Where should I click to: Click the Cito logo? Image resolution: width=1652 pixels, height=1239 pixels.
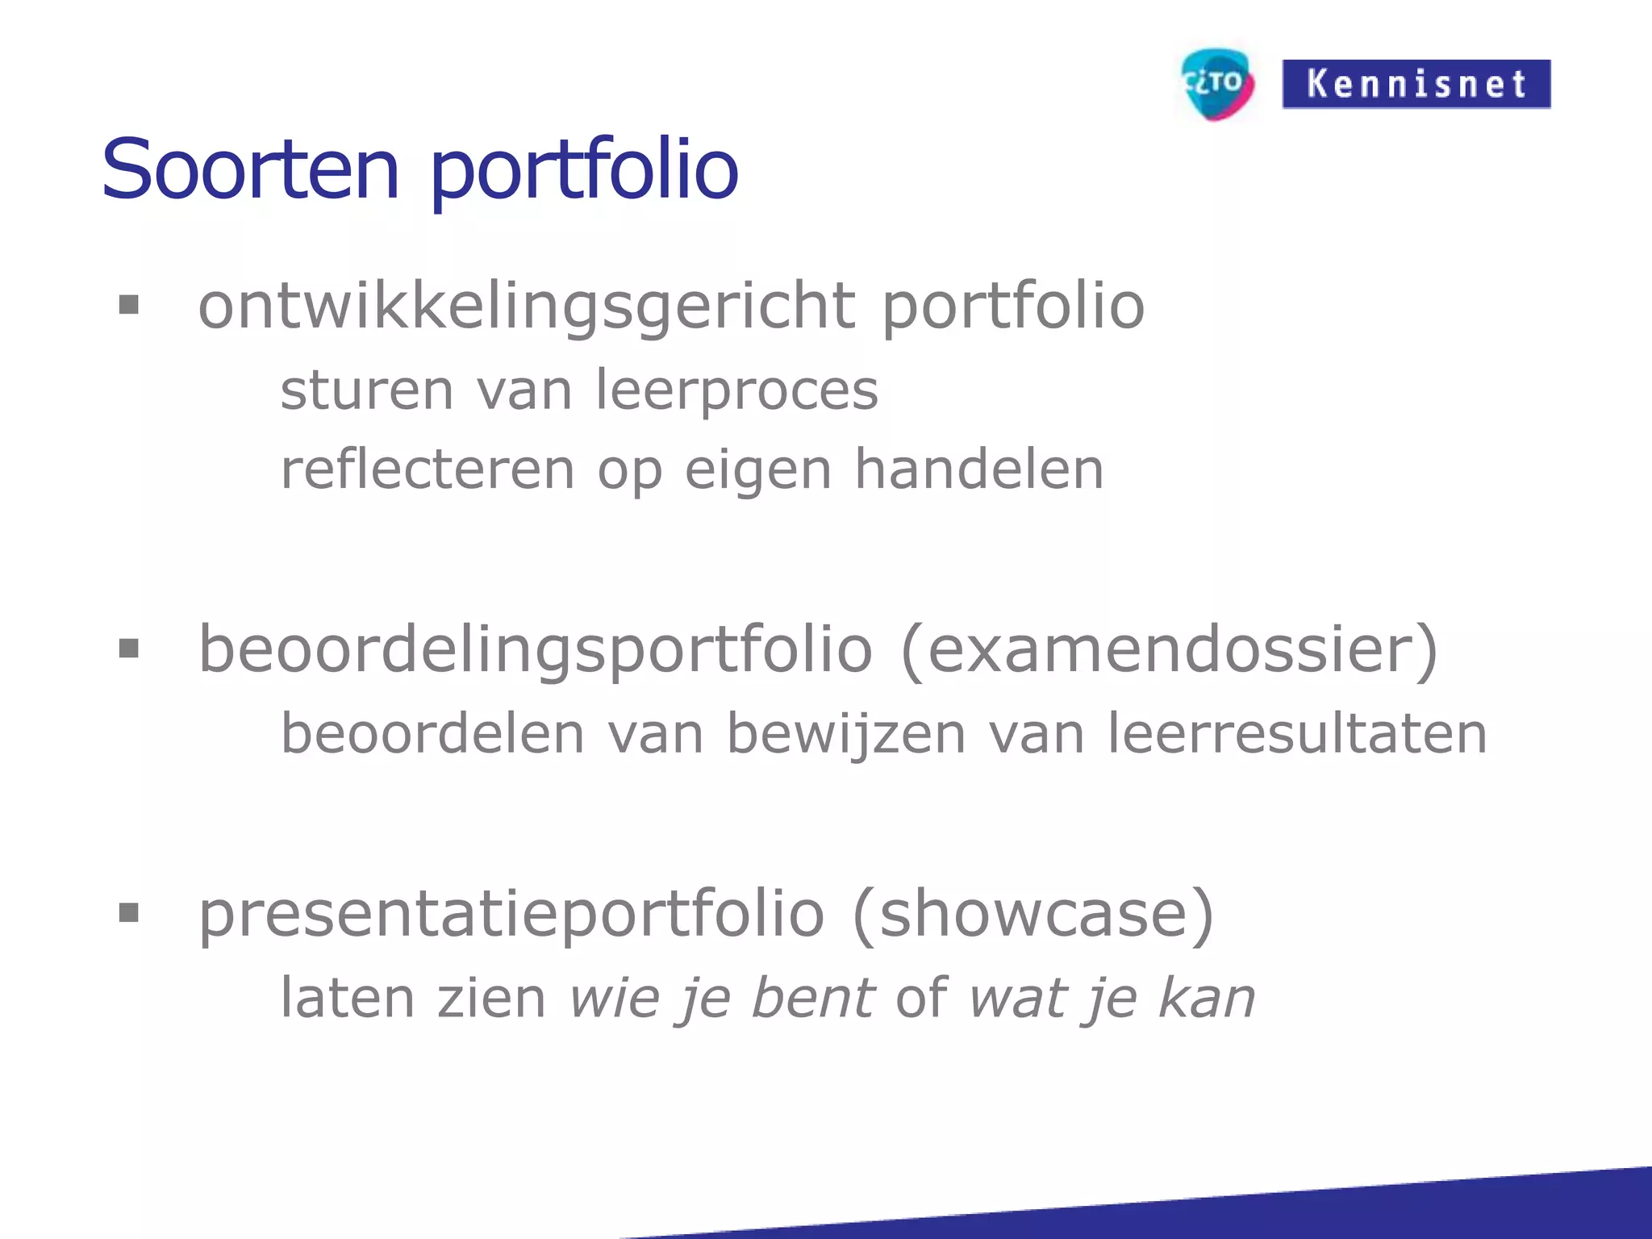point(1217,84)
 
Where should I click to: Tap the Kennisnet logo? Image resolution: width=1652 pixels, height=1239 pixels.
point(1416,84)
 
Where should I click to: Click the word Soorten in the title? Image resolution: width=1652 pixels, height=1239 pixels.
point(251,169)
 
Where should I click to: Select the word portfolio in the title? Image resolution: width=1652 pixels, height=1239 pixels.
point(584,171)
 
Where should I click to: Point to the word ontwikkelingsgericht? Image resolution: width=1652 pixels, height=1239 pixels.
point(527,307)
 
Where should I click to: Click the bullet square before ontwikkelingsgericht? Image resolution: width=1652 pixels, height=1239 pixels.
point(129,305)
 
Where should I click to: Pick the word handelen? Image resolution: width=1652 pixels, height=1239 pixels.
point(978,469)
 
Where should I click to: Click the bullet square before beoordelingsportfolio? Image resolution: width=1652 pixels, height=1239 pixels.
point(129,648)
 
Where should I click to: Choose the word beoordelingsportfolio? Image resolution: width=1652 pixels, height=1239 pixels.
point(536,650)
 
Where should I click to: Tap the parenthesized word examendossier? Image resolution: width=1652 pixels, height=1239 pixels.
point(1170,650)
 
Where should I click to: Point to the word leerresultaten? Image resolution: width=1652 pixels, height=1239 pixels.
point(1297,734)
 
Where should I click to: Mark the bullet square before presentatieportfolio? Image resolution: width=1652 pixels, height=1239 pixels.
point(129,912)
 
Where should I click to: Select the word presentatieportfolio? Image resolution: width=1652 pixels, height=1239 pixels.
point(511,916)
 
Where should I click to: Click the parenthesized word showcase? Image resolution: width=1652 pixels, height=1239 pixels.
point(1032,914)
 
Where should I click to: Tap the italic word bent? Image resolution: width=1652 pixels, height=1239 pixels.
point(812,999)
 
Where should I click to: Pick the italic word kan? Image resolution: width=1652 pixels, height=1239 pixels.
point(1207,999)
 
